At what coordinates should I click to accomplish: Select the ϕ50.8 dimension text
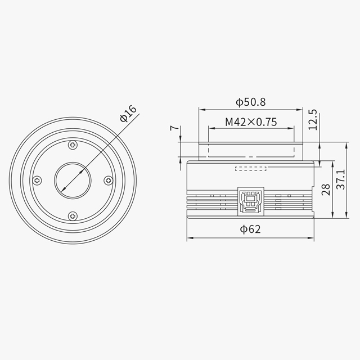pos(250,102)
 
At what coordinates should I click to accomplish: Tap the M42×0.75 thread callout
pos(251,121)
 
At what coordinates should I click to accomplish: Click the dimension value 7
pos(176,129)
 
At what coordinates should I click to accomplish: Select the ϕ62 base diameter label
pos(250,229)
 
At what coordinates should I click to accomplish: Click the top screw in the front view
pos(73,146)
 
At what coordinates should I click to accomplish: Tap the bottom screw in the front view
pos(73,215)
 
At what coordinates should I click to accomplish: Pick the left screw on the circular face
pos(37,181)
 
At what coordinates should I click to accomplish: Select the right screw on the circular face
pos(108,181)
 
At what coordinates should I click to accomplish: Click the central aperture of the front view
pos(73,181)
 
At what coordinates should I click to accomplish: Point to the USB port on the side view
pos(249,200)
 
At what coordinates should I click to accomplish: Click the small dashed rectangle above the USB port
pos(250,168)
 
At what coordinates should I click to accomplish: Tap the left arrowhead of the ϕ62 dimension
pos(189,238)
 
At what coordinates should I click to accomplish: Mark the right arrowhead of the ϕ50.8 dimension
pos(301,109)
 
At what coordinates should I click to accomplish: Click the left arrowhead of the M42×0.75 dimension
pos(210,128)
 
